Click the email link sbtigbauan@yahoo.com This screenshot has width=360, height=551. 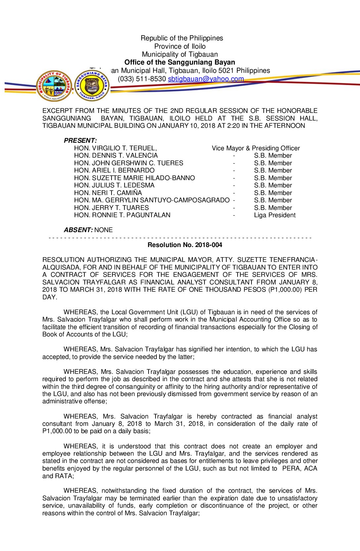[x=205, y=79]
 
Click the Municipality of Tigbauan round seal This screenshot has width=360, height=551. [x=54, y=86]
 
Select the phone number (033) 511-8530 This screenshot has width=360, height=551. [x=142, y=79]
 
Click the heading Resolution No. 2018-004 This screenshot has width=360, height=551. [x=185, y=245]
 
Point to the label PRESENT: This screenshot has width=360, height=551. [x=80, y=140]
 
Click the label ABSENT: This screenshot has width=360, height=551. [x=78, y=230]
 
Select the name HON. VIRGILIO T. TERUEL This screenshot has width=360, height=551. [x=115, y=148]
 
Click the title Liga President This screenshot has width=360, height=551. [x=275, y=215]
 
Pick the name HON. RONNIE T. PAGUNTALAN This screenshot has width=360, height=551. [x=122, y=215]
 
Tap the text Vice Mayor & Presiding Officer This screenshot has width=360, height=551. [x=256, y=148]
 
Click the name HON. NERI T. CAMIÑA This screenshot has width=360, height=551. [x=108, y=193]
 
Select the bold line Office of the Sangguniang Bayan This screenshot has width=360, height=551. [x=180, y=62]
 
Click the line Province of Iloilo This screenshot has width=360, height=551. [x=180, y=46]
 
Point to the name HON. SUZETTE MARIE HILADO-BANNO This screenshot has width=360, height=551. [x=134, y=178]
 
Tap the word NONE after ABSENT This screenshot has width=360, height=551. [x=104, y=230]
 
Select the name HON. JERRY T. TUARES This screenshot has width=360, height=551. [x=111, y=208]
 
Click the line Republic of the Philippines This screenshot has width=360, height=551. [x=182, y=38]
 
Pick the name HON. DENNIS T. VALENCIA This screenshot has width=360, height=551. [x=116, y=156]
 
